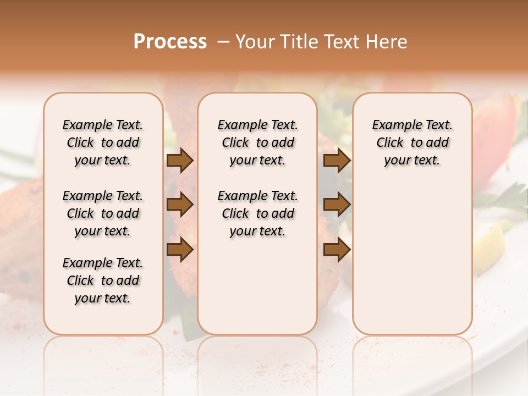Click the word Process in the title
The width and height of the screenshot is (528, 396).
(170, 42)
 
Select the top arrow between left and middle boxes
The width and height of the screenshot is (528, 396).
(180, 161)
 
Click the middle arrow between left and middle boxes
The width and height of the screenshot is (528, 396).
(180, 205)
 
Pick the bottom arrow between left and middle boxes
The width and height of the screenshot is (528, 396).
(180, 250)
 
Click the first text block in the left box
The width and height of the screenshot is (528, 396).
(103, 142)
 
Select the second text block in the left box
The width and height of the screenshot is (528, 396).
(103, 213)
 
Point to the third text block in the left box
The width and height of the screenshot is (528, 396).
(103, 280)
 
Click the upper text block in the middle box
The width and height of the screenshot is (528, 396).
(258, 142)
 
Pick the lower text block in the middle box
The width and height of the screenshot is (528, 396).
(258, 213)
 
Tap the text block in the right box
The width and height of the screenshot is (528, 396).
(413, 142)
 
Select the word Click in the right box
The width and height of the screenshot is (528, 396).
(390, 143)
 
